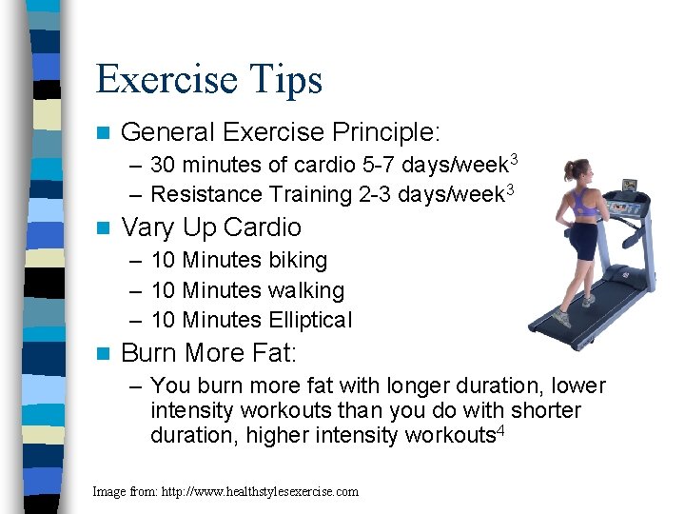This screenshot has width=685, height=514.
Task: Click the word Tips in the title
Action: point(283,80)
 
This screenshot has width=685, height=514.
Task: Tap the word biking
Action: point(297,260)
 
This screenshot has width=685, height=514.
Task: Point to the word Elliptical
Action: point(310,320)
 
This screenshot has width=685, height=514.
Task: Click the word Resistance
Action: point(206,194)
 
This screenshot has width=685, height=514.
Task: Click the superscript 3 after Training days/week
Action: point(510,188)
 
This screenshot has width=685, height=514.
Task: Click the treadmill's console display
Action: point(629,184)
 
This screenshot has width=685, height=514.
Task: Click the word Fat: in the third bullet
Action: point(276,353)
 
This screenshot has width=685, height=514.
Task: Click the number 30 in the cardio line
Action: point(164,164)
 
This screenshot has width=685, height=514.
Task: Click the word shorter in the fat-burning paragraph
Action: point(546,410)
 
